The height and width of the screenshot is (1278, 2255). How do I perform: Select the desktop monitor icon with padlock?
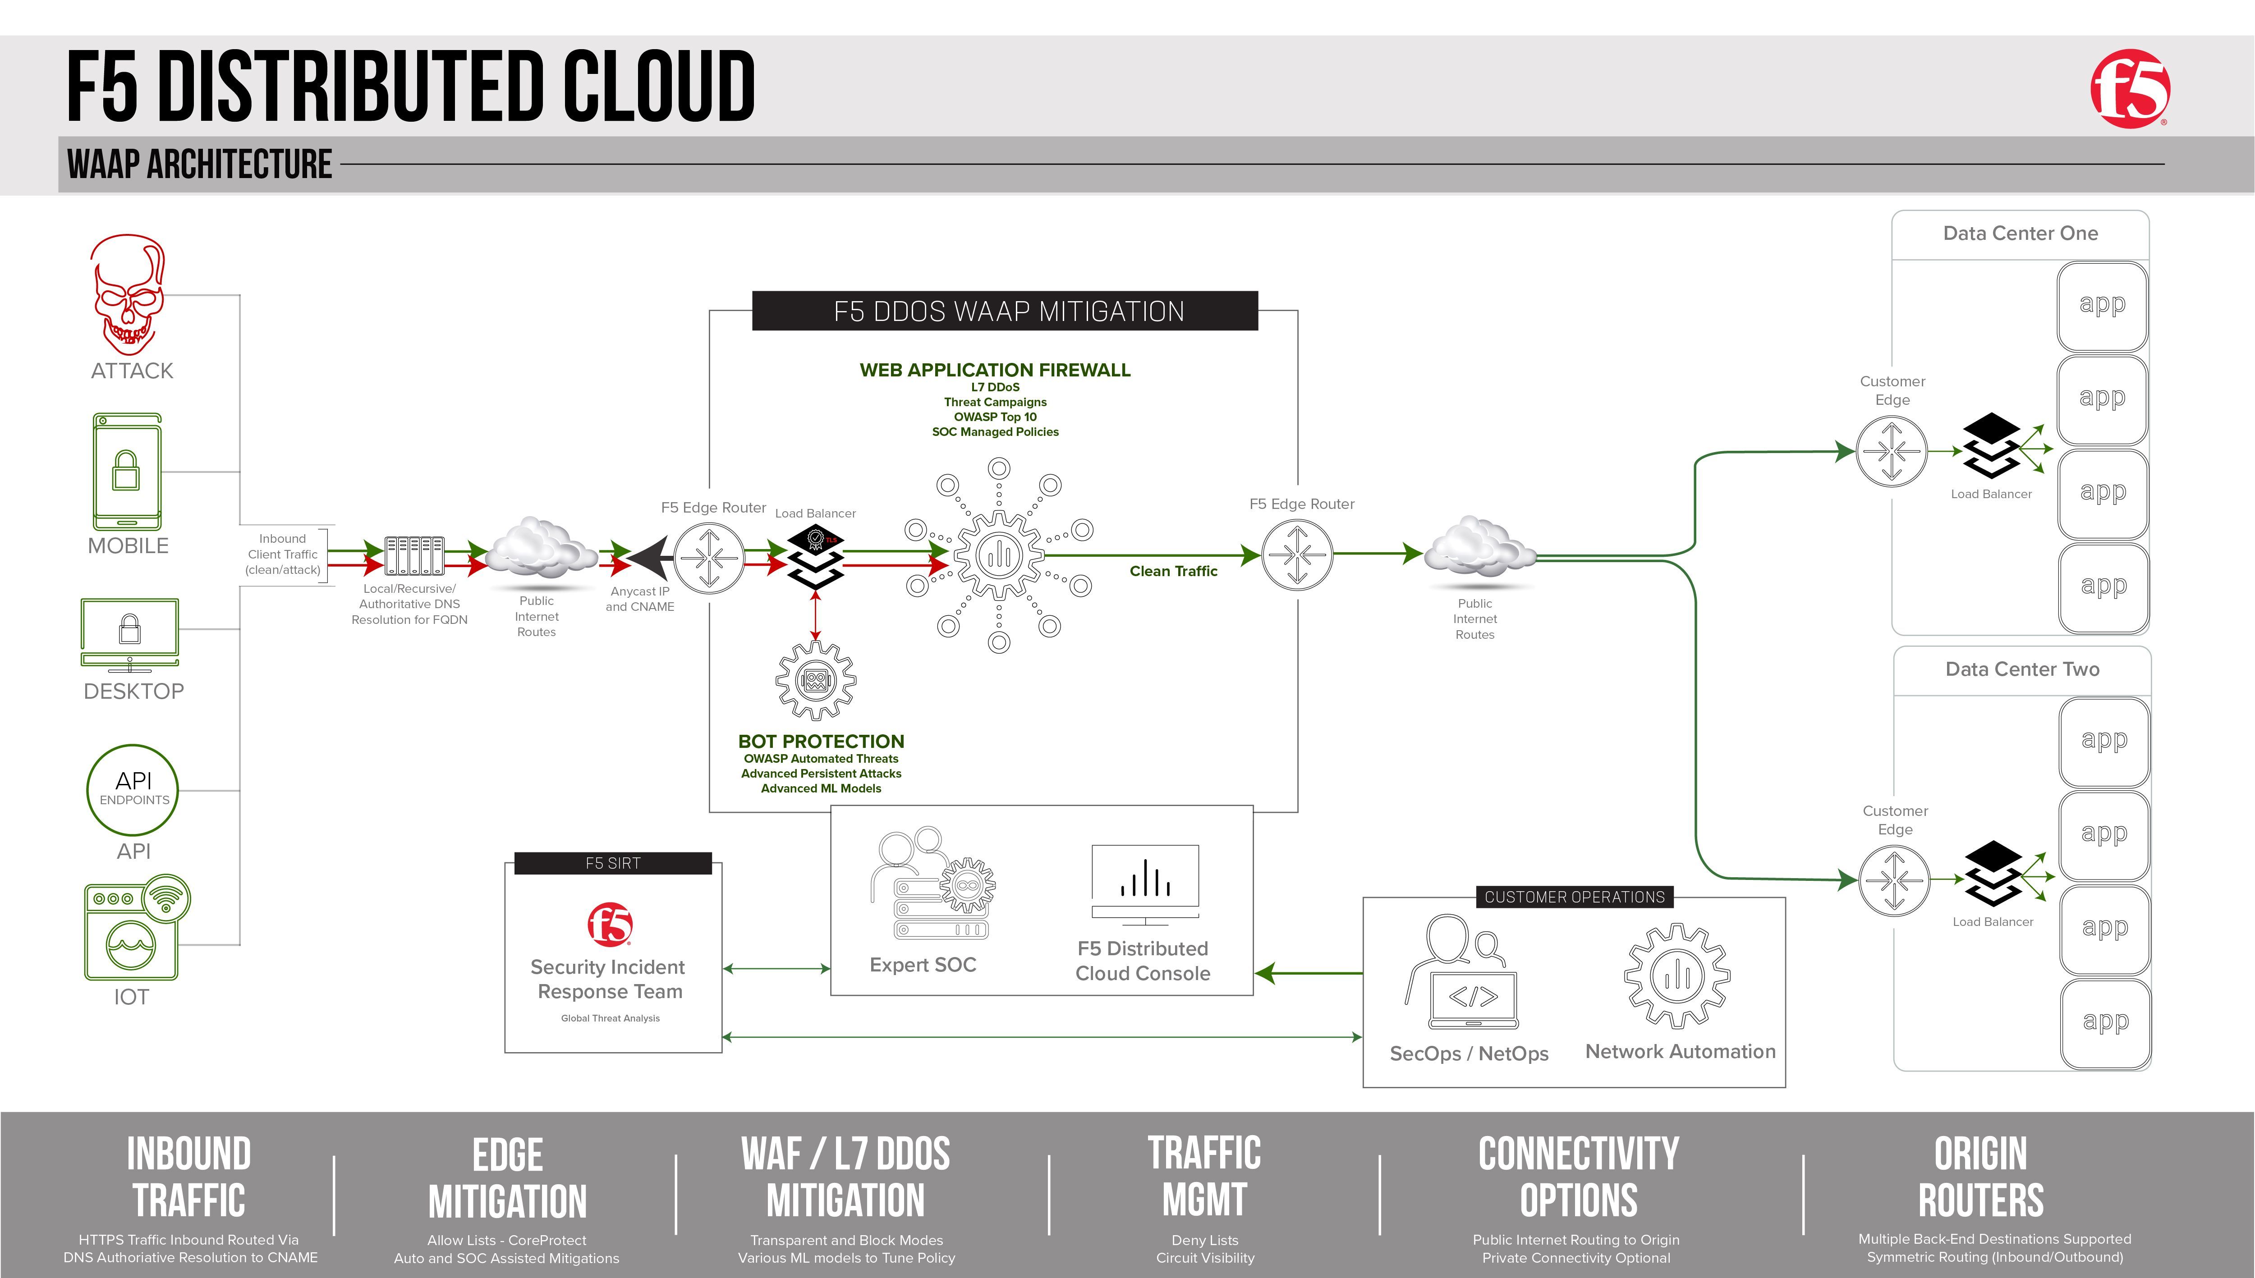[x=130, y=634]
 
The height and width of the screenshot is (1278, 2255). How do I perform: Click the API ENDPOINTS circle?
[x=133, y=789]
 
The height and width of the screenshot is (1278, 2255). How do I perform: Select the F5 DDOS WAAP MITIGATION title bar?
[x=1005, y=311]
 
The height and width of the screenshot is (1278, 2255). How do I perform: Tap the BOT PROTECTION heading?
[x=821, y=742]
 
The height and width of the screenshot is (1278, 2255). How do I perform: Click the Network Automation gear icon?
[x=1676, y=975]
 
